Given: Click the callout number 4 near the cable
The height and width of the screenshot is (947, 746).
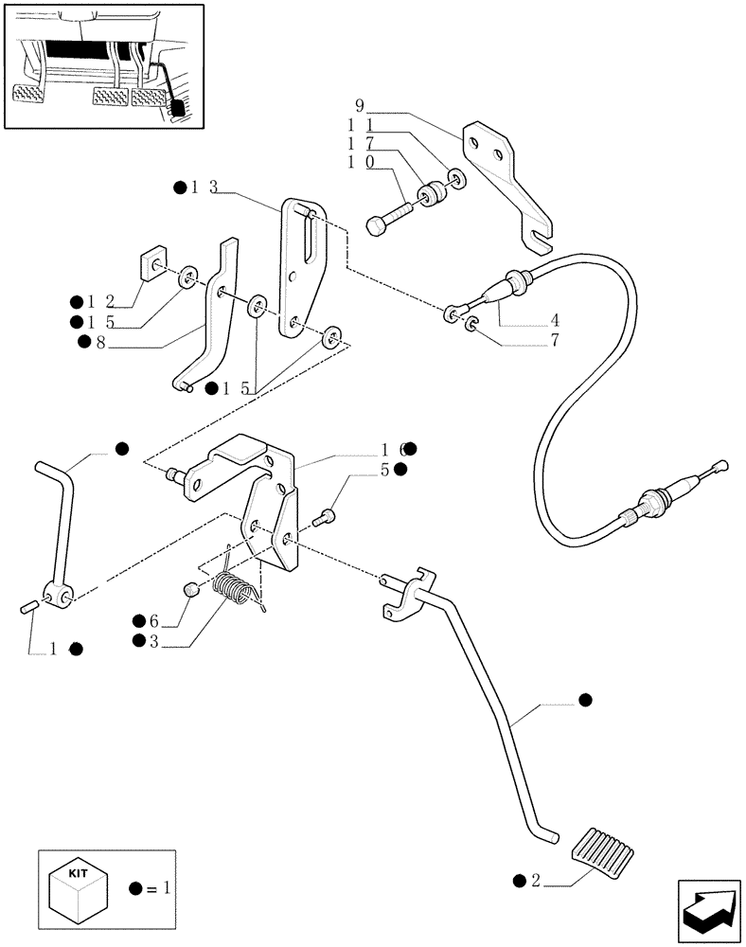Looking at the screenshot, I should pos(555,320).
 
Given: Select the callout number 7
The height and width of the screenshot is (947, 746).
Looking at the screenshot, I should pos(555,340).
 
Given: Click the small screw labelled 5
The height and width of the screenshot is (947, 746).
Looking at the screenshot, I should pos(324,517).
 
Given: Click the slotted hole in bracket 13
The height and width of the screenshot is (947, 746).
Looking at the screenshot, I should pos(306,238).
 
